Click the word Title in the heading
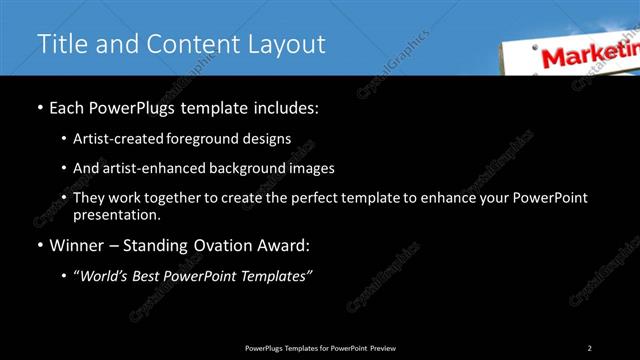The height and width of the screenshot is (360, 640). [x=60, y=44]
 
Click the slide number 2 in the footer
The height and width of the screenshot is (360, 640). [x=589, y=347]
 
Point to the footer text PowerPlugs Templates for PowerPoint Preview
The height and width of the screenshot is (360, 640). [x=320, y=347]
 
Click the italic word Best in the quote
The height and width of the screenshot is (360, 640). [x=151, y=276]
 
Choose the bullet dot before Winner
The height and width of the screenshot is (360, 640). [x=39, y=245]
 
